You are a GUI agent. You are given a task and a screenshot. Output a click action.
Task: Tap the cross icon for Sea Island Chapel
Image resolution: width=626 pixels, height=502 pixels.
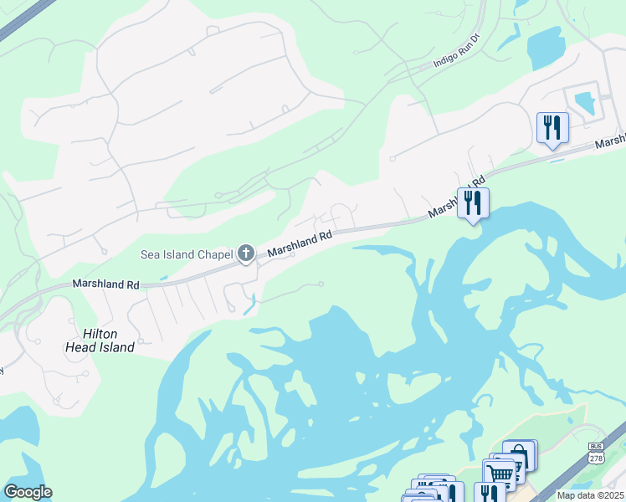(246, 253)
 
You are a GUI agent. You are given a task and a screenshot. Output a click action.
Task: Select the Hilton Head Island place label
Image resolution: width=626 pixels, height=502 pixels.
(100, 340)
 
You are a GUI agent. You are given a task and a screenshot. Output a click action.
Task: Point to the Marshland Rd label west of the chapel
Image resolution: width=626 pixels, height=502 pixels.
(105, 284)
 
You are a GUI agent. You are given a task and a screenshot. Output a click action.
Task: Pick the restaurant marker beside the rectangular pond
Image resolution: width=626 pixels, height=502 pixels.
(552, 127)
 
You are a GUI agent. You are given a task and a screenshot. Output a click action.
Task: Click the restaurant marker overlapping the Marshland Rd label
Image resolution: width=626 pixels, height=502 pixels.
(473, 202)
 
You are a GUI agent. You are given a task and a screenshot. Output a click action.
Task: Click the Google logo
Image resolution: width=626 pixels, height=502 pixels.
(28, 492)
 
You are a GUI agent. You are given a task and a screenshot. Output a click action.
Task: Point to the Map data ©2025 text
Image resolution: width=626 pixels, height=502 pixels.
(590, 495)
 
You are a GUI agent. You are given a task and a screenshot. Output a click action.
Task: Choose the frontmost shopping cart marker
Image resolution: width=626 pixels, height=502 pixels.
(500, 475)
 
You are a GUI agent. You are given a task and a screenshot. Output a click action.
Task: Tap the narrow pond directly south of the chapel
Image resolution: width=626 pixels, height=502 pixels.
(249, 305)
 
